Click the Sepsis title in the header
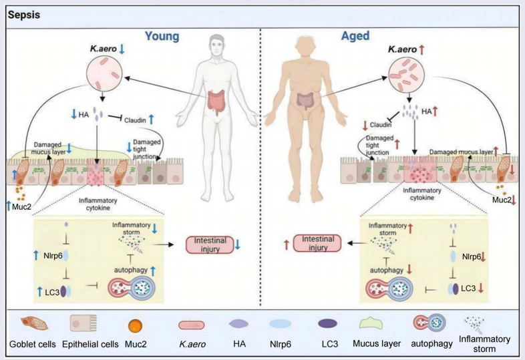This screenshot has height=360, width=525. [x=24, y=12]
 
